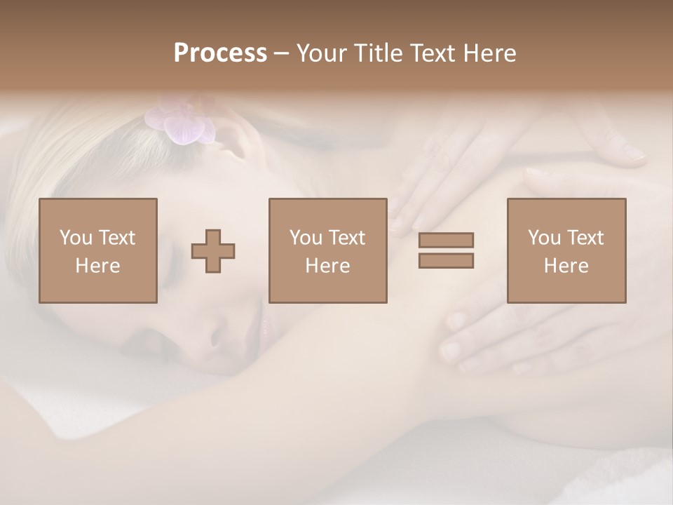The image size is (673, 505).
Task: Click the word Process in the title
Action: click(x=220, y=53)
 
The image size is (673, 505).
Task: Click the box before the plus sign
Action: click(x=98, y=250)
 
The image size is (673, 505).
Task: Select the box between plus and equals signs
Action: click(x=328, y=250)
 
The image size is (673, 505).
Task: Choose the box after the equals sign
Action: click(x=566, y=250)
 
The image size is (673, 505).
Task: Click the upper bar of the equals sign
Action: click(x=446, y=240)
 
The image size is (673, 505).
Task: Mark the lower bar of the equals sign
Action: click(x=446, y=261)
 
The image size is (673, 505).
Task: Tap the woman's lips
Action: click(x=264, y=324)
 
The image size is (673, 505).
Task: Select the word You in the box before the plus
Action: click(x=76, y=238)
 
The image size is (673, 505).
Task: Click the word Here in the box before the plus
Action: click(x=98, y=266)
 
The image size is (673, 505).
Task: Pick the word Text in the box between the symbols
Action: click(x=347, y=238)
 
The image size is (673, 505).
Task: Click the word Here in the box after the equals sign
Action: click(x=566, y=266)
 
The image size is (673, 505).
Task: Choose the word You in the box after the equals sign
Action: click(x=544, y=238)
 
